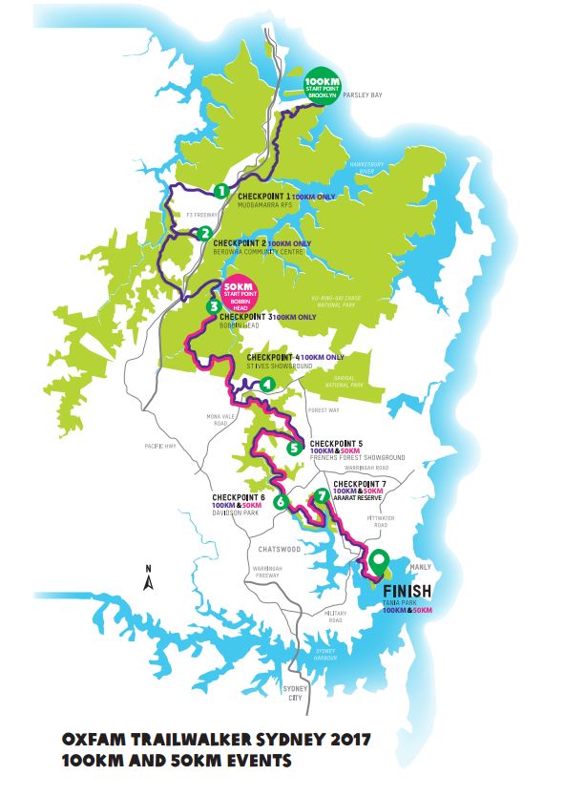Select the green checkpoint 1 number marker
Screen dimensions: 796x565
[220, 191]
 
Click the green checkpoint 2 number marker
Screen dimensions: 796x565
[204, 232]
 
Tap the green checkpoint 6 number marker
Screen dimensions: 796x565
[281, 502]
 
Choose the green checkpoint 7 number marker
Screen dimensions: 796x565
[322, 496]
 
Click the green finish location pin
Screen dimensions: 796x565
[380, 563]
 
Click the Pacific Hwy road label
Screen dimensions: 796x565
[155, 445]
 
